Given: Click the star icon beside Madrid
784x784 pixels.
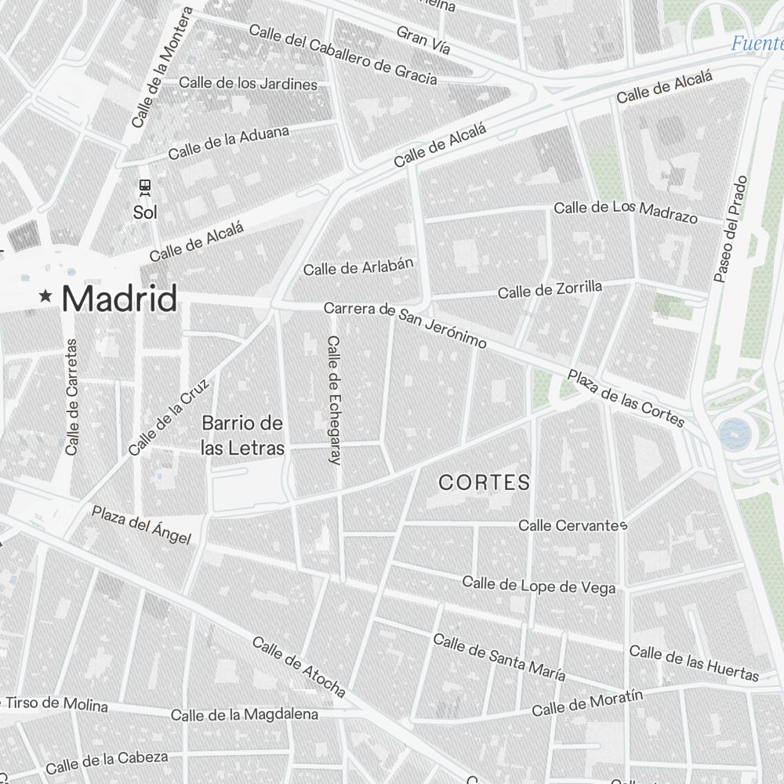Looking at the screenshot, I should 46,296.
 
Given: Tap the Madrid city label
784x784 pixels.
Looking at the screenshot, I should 119,299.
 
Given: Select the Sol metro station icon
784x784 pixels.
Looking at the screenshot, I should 144,187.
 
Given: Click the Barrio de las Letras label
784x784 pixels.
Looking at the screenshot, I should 242,436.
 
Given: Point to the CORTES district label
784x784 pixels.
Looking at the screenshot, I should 484,483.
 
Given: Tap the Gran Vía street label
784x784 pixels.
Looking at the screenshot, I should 423,41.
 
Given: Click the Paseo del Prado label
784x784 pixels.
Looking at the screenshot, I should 730,229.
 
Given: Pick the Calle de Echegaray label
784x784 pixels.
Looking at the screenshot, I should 334,401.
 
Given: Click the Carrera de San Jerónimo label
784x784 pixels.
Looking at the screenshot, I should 405,324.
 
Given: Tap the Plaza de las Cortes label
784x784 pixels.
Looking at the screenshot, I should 626,399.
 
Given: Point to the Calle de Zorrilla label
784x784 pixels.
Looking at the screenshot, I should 550,290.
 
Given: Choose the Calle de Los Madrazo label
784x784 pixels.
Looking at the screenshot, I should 626,210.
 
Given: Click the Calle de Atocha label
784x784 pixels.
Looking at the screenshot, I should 299,666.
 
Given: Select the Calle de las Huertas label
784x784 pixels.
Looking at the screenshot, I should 694,662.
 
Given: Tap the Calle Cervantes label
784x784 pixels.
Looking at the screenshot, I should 572,525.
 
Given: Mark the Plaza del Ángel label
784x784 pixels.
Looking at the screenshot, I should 141,524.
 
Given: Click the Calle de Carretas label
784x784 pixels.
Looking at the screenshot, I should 72,397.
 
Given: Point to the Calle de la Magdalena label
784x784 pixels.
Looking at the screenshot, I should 245,714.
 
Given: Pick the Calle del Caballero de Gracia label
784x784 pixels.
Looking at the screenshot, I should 343,53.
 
